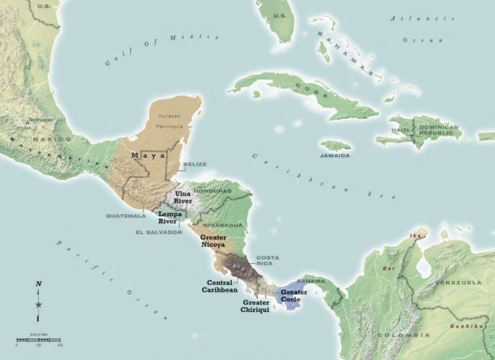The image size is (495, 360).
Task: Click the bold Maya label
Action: point(148,155)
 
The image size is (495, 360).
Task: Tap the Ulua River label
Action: point(183,197)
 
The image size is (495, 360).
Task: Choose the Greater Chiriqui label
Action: point(256,306)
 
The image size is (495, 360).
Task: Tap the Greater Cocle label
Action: point(294,295)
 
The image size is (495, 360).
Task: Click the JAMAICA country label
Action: point(336,156)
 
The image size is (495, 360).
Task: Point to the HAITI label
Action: point(401,130)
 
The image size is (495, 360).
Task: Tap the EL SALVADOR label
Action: point(159,233)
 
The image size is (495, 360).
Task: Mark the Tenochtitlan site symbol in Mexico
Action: point(27,123)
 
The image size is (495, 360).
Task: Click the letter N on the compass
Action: point(38,284)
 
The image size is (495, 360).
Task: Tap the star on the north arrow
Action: point(38,306)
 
